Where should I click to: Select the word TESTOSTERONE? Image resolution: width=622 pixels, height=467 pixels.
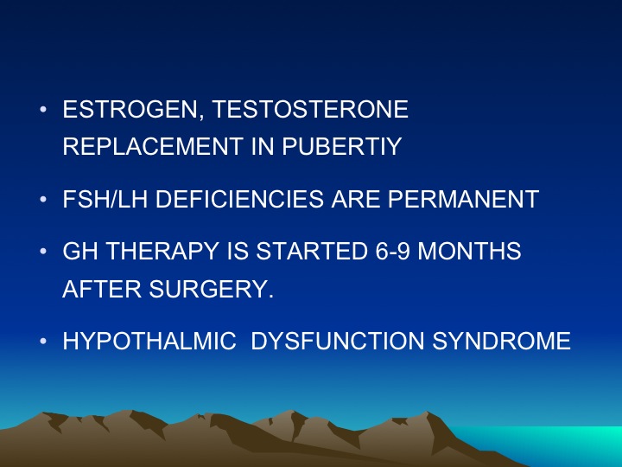coord(310,109)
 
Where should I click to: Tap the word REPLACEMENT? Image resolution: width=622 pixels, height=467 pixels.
coord(153,146)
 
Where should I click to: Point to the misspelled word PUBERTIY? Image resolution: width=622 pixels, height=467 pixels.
coord(342,146)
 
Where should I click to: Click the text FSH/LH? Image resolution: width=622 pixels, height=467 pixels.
coord(105,199)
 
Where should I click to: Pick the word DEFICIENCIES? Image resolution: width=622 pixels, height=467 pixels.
coord(239,199)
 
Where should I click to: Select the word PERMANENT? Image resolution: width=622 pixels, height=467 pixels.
coord(463,199)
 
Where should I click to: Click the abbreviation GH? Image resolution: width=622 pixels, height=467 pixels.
coord(80,251)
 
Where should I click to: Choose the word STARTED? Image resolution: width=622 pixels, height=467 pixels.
coord(312,251)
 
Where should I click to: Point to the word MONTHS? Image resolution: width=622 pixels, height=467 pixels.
coord(469,251)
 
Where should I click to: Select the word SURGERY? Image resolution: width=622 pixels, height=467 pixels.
coord(211,289)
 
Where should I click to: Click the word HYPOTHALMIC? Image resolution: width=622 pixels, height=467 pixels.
coord(149,341)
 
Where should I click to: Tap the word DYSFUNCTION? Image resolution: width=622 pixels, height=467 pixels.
coord(337,341)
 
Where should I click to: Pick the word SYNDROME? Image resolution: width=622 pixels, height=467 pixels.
coord(501,341)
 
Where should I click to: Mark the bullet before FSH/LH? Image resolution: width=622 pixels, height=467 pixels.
coord(43,199)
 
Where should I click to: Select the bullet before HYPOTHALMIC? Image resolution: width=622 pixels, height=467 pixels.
coord(43,341)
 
